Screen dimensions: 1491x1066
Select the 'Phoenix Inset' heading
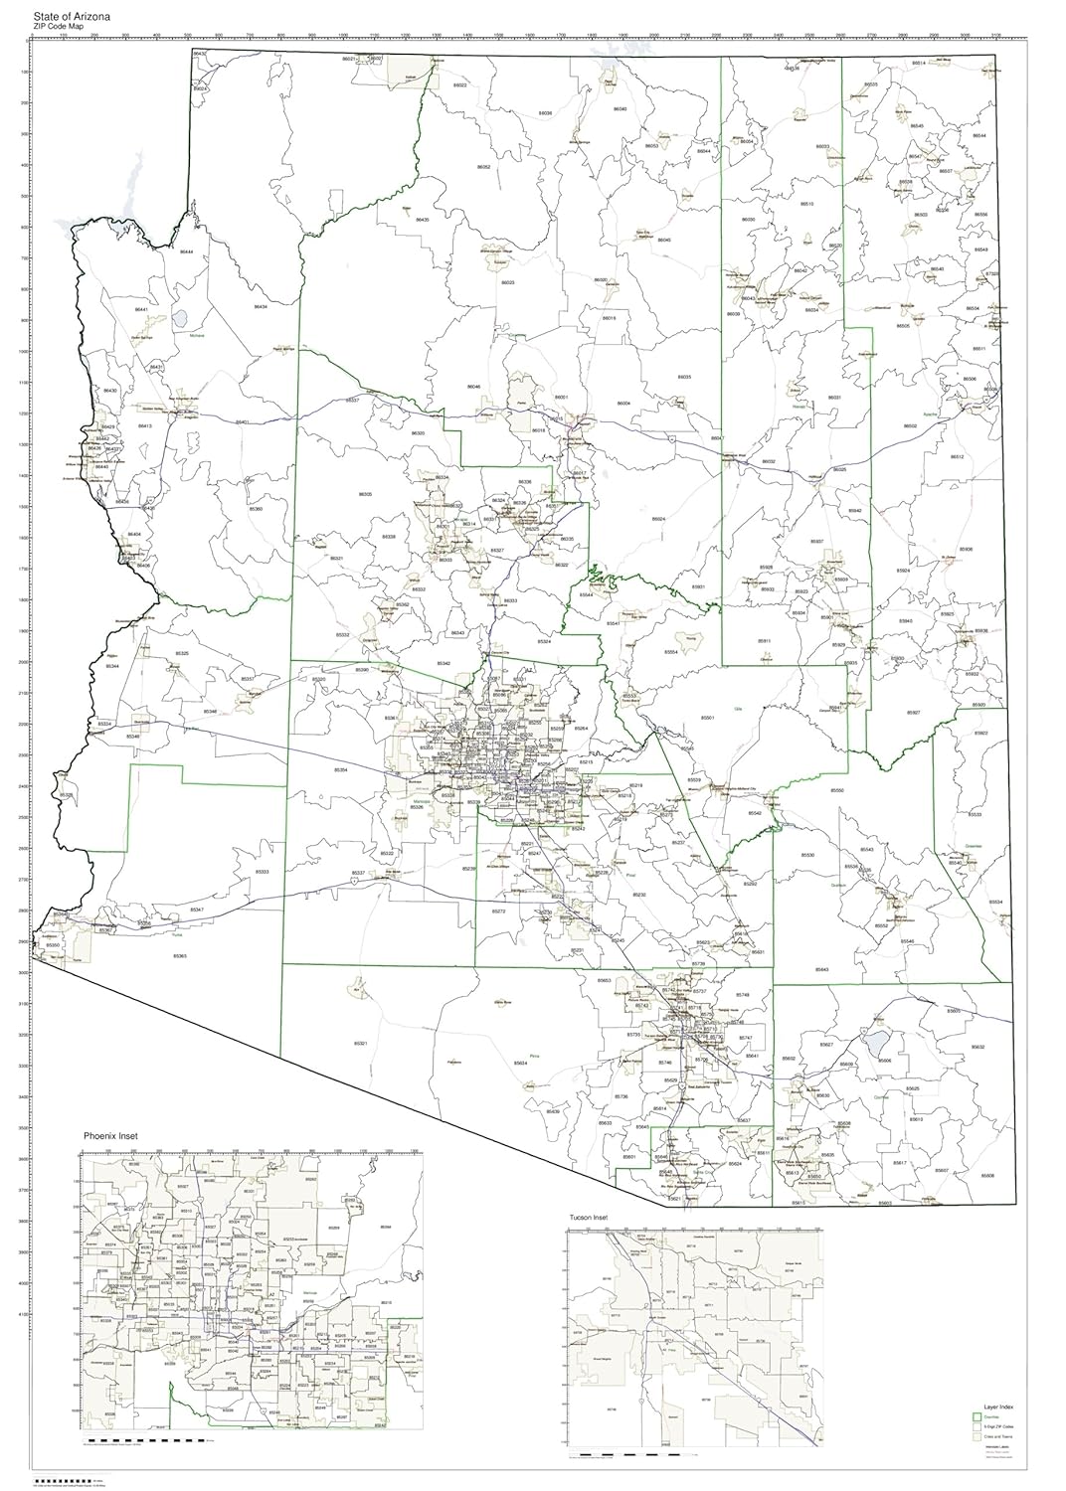(110, 1135)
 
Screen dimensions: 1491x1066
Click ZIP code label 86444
(186, 252)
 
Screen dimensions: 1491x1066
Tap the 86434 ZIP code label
(260, 307)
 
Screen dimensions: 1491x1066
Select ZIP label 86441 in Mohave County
(141, 310)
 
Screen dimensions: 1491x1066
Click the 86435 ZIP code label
(422, 219)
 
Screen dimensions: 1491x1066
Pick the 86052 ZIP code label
(483, 167)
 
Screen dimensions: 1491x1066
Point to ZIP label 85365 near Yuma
(180, 956)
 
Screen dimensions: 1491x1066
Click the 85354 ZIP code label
(341, 770)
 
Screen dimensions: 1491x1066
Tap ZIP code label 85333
(262, 872)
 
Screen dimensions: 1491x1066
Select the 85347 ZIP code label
(197, 911)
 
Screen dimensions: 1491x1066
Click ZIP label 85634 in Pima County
(520, 1064)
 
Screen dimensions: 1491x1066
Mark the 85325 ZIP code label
(181, 654)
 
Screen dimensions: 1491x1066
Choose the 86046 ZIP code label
(473, 387)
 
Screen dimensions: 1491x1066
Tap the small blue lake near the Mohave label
(180, 320)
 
